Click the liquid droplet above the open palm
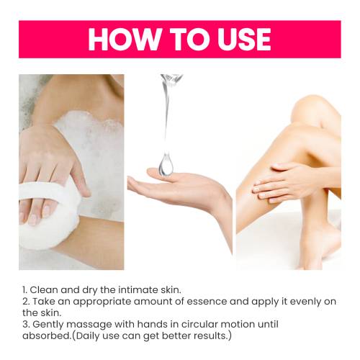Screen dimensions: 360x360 (166, 164)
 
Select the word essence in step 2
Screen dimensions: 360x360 (207, 302)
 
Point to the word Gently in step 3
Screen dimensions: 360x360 (48, 325)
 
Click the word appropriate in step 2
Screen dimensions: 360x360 (102, 302)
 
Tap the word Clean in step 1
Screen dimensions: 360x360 (44, 290)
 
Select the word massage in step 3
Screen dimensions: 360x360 (89, 325)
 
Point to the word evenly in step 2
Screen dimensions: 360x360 (306, 302)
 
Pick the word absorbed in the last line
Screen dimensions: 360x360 (46, 336)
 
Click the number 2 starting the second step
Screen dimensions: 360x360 (25, 302)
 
